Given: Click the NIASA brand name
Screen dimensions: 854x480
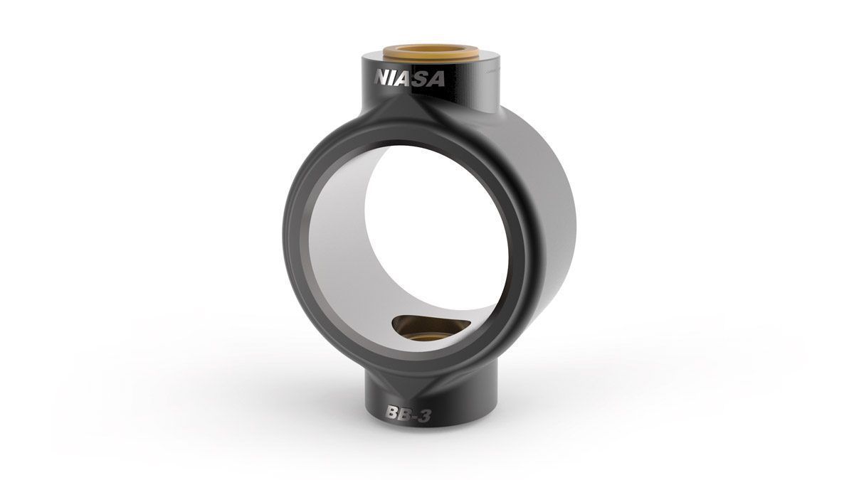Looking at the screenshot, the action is click(409, 79).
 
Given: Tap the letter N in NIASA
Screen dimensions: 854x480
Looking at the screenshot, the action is click(382, 78).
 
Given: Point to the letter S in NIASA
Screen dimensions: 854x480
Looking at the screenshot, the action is click(421, 79).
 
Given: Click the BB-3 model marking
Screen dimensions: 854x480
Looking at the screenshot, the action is click(408, 415).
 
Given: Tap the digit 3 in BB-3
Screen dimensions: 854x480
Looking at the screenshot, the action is click(425, 415).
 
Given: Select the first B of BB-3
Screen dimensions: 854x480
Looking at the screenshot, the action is click(392, 413).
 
